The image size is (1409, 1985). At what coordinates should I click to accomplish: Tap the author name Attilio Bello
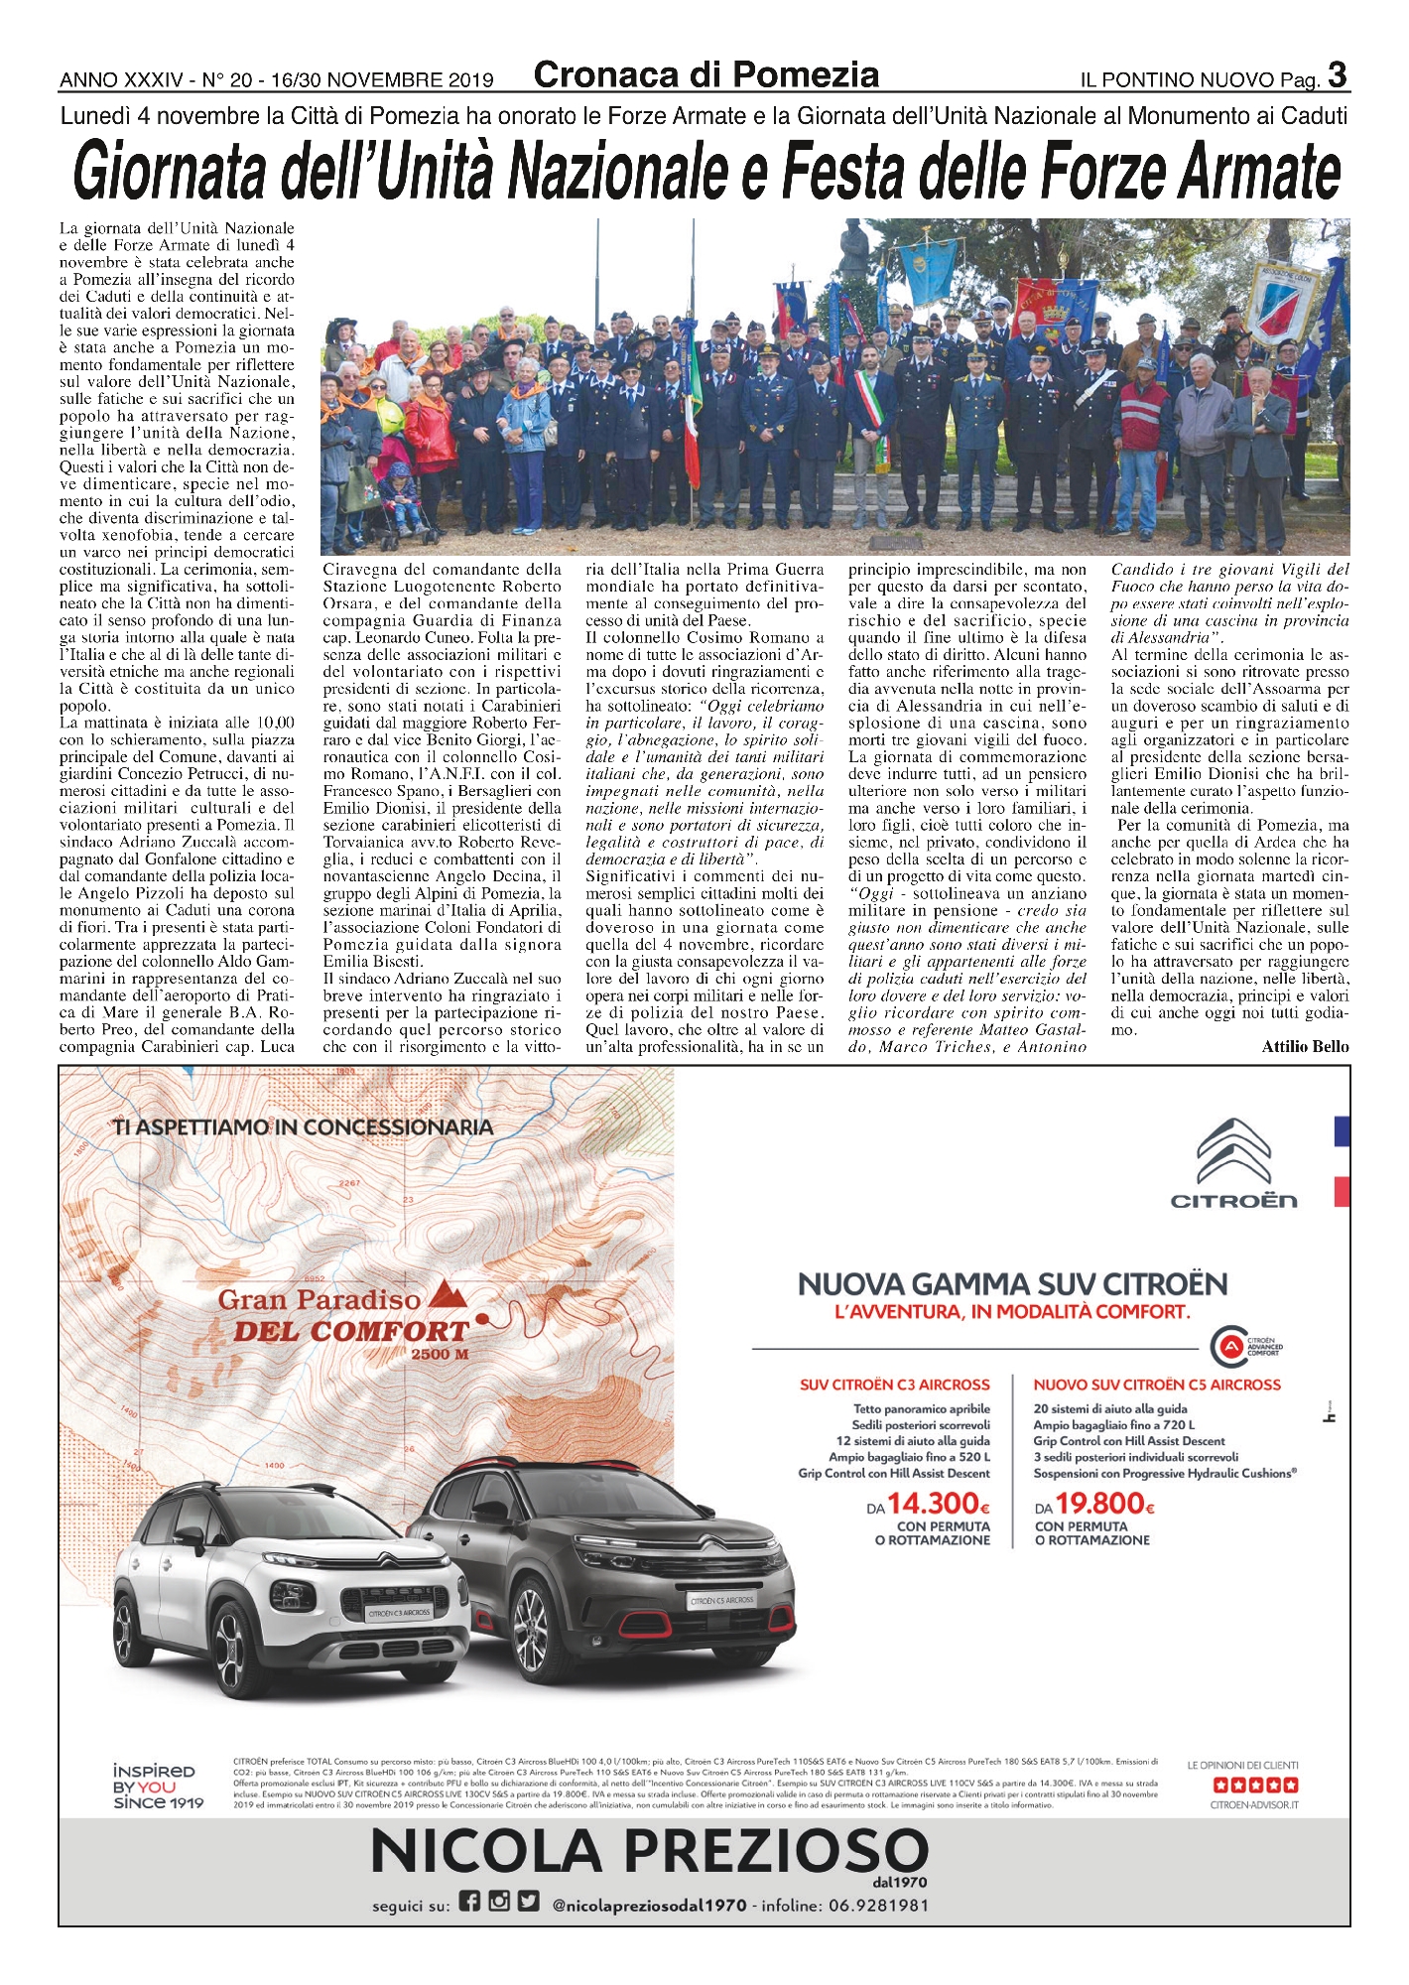coord(1305,1046)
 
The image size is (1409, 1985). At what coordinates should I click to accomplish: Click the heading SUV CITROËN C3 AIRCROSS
coord(894,1385)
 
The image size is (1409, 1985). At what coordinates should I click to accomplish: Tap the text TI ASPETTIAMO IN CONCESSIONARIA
coord(303,1127)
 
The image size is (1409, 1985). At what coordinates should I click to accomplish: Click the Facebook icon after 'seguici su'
coord(469,1903)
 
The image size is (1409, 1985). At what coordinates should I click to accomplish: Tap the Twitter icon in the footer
coord(529,1903)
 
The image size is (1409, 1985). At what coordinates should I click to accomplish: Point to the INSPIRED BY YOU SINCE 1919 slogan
coord(158,1786)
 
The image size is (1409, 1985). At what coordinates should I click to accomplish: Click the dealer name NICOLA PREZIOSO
coord(649,1853)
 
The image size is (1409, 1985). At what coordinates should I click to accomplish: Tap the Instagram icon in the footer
coord(499,1903)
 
